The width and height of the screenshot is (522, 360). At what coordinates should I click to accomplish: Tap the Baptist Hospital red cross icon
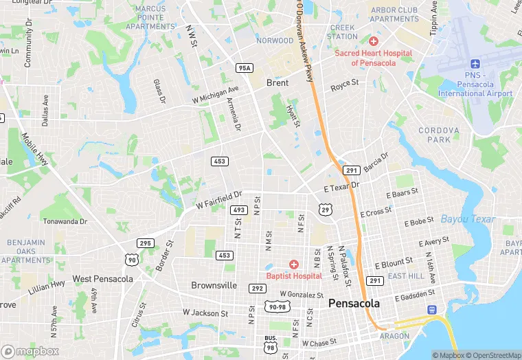[294, 265]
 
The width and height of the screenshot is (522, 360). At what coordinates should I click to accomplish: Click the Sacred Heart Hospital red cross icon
[373, 42]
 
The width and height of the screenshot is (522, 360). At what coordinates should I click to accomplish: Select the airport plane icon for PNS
[475, 63]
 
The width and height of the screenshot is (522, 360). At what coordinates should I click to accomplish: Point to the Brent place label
[277, 82]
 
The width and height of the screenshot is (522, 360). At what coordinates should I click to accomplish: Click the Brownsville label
[214, 285]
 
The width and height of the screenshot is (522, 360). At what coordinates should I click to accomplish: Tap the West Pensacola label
[103, 279]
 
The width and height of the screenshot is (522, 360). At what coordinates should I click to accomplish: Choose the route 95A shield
[245, 67]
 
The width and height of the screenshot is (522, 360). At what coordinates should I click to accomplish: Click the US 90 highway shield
[130, 259]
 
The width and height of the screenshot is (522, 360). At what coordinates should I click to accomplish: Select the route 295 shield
[145, 243]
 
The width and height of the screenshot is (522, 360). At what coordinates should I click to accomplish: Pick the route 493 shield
[238, 210]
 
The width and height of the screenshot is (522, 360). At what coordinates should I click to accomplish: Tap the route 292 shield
[257, 289]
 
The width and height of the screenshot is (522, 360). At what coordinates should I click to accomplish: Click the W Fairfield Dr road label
[219, 200]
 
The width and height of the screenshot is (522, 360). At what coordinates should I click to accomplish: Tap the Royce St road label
[345, 85]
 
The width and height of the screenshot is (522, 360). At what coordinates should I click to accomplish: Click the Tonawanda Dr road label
[65, 221]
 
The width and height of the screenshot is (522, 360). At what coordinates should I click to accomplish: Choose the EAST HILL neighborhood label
[406, 276]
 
